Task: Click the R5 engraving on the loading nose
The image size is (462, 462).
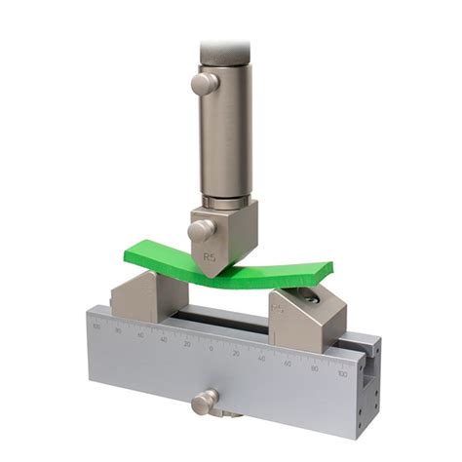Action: tap(209, 258)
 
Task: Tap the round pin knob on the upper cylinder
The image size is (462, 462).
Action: tap(204, 83)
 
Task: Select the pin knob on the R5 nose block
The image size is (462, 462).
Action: tap(202, 231)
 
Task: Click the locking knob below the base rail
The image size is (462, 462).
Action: tap(204, 400)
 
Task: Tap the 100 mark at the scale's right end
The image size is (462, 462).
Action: tap(341, 372)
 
